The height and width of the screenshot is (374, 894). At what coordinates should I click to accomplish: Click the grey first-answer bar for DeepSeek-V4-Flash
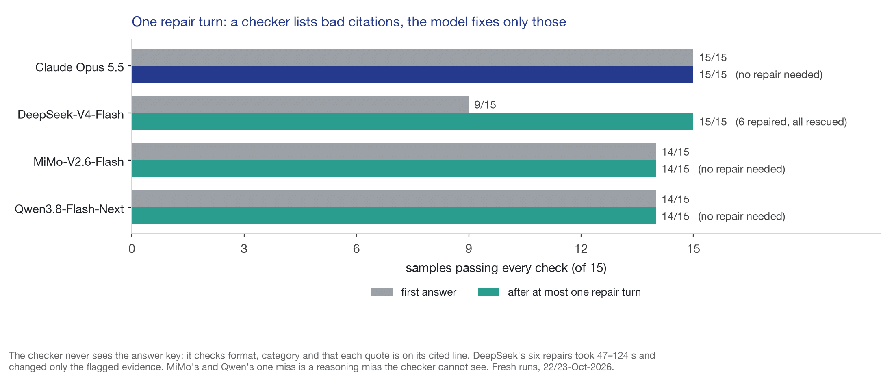point(300,104)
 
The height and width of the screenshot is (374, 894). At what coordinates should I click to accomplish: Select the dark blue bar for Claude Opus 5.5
point(412,74)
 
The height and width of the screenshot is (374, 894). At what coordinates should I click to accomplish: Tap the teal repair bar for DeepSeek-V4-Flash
point(412,122)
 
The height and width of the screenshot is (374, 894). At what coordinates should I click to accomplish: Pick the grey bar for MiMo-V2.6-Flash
point(394,152)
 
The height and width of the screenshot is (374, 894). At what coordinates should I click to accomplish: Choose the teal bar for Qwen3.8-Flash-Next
point(394,216)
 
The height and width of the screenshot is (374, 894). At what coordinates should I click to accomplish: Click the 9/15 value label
point(485,105)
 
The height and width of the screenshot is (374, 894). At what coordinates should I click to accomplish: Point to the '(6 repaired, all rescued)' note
point(791,122)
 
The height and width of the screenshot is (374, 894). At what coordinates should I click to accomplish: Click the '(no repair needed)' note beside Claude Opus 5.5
point(779,75)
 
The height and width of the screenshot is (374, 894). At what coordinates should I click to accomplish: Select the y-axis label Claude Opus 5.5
point(80,67)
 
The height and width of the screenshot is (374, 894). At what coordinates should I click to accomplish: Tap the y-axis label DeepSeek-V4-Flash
point(71,115)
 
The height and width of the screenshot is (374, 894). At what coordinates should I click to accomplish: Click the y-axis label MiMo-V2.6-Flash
point(78,162)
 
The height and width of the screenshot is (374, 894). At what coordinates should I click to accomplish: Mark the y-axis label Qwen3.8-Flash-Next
point(69,209)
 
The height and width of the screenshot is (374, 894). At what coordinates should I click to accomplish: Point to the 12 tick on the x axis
point(581,249)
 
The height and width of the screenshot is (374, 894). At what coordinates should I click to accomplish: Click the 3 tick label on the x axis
point(244,249)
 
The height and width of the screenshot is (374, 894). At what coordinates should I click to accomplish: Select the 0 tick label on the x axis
point(132,249)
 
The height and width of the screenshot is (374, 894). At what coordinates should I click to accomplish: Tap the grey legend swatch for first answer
point(382,292)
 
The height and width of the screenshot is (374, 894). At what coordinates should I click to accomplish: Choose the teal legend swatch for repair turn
point(488,292)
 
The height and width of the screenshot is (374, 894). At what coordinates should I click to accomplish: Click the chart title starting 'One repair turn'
point(349,22)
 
